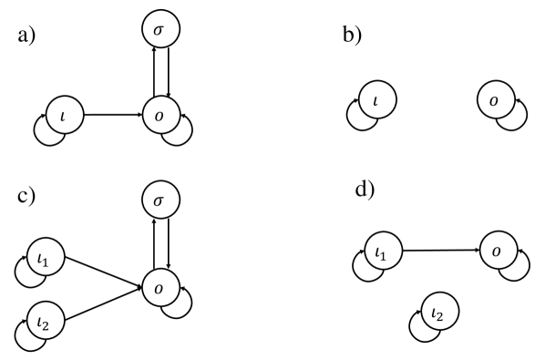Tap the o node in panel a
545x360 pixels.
[x=161, y=116]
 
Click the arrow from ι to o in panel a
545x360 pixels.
[x=115, y=116]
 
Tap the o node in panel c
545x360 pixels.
[x=161, y=286]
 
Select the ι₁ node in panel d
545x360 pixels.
[x=383, y=251]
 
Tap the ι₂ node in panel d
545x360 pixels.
[x=439, y=315]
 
